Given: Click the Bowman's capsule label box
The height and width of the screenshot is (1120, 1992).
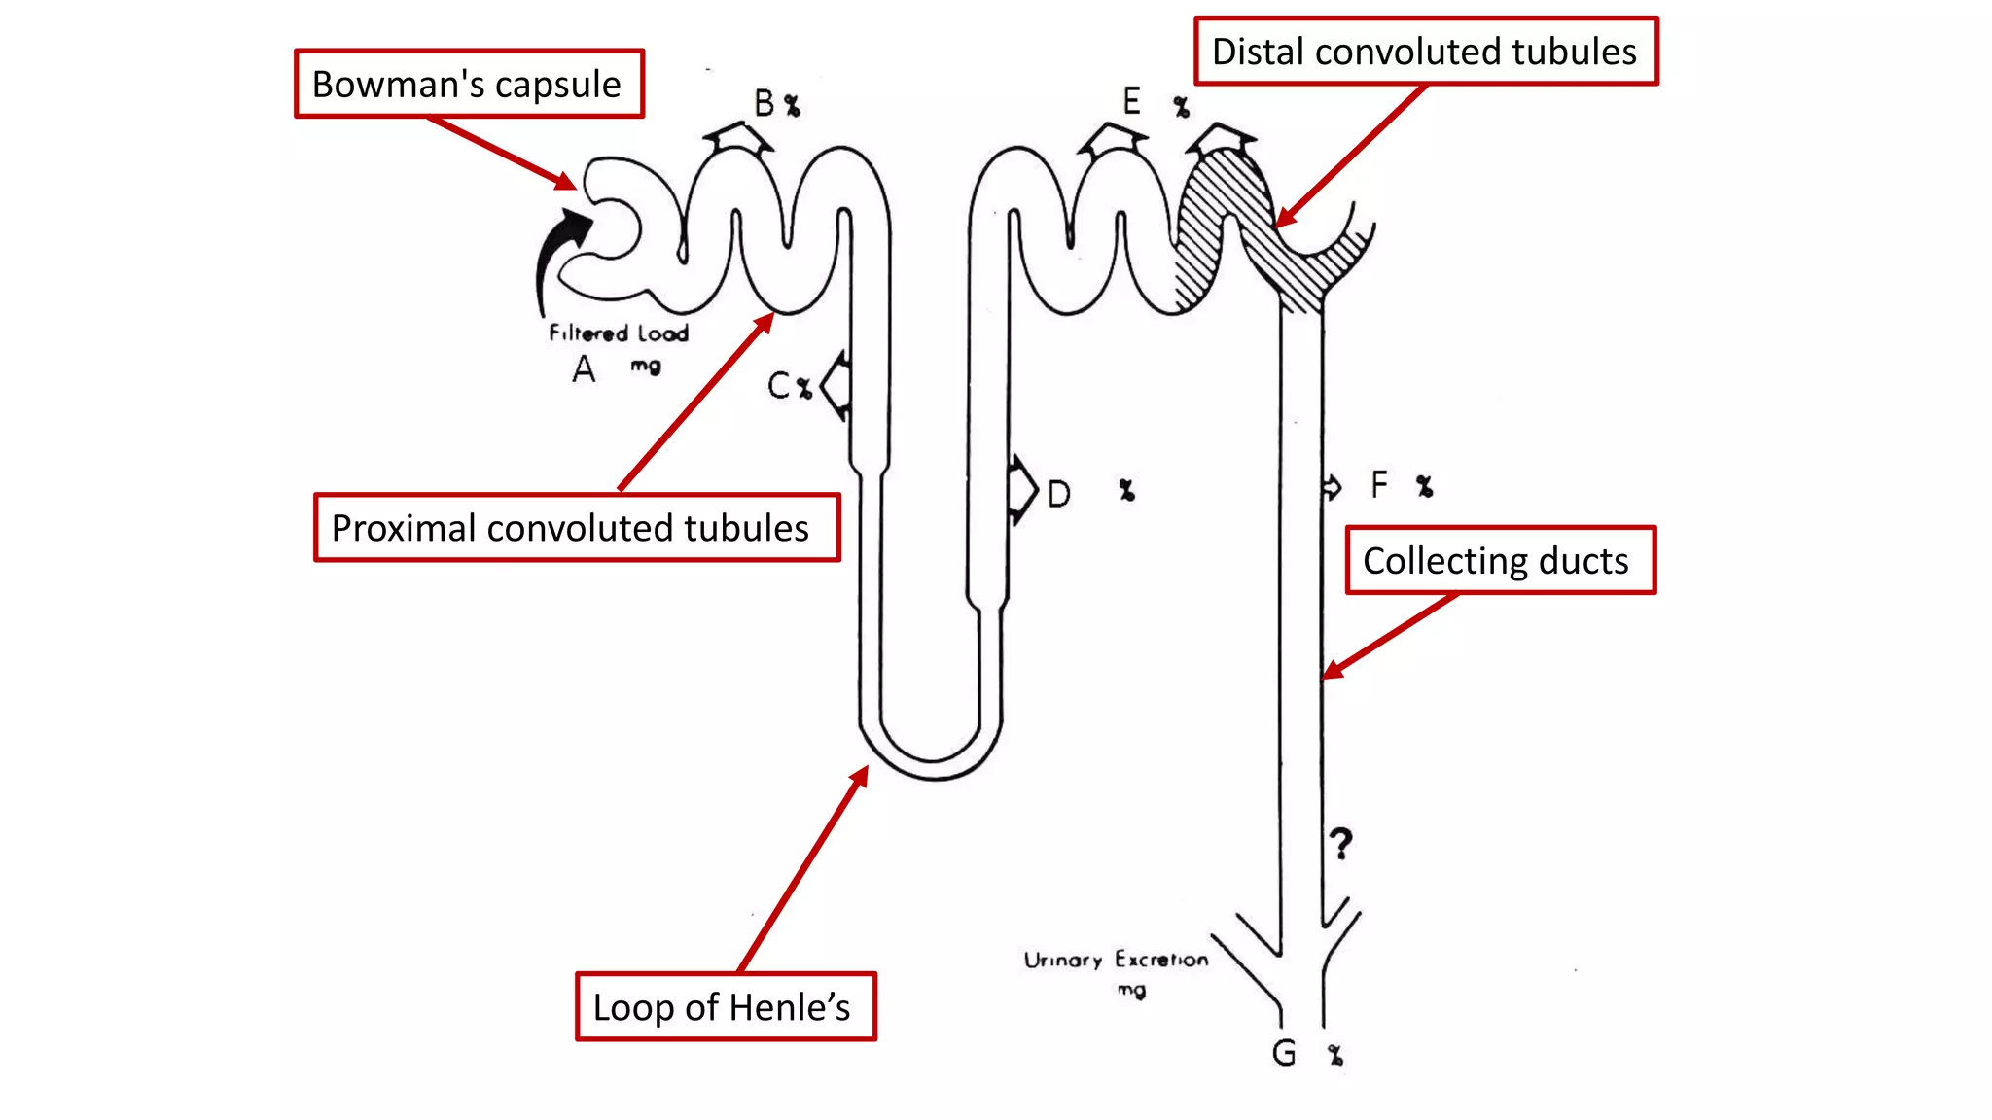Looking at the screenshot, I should [469, 85].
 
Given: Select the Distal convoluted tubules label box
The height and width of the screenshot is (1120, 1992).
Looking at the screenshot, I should [1425, 52].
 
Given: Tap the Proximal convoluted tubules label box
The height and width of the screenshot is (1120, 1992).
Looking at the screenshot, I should [576, 528].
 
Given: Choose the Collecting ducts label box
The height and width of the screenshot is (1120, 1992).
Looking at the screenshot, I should [1499, 561].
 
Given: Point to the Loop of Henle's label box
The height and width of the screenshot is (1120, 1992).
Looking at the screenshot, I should [725, 1007].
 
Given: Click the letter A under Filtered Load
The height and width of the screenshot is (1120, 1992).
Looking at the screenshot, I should [584, 369].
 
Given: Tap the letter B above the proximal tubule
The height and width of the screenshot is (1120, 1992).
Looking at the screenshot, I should [765, 103].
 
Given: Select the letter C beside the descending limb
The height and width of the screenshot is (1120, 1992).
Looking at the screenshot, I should [779, 386].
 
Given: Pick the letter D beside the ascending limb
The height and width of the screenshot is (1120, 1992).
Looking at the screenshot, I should [1059, 494].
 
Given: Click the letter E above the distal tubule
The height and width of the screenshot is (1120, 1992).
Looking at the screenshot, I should [1131, 101].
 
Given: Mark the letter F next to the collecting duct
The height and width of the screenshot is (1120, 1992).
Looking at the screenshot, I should [1378, 484].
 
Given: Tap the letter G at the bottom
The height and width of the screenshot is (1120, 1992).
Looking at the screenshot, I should [1284, 1053].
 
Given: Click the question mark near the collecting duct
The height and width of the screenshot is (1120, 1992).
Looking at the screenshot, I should [1341, 844].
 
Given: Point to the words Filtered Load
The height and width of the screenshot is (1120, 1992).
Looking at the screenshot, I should [619, 333].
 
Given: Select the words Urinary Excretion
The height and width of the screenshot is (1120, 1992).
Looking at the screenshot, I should [1116, 961].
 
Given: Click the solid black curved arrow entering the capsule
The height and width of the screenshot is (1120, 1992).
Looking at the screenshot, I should [559, 254].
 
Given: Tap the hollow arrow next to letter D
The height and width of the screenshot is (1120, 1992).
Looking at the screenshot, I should [1021, 489].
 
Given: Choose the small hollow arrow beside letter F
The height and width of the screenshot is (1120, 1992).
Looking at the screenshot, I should [1332, 486].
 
